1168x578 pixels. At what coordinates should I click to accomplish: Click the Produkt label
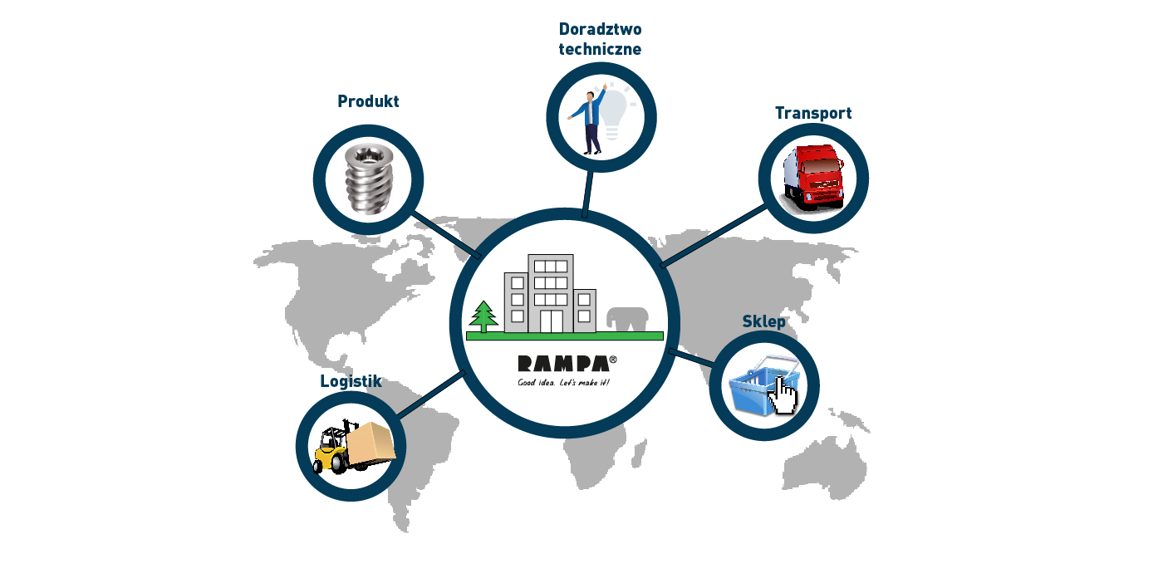[368, 101]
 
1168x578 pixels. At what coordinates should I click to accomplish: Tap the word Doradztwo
[600, 29]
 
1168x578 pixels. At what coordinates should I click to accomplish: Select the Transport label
[813, 113]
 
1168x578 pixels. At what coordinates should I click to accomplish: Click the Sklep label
[764, 321]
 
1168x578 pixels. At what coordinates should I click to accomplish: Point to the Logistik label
[351, 381]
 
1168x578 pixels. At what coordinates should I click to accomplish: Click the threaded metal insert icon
[369, 179]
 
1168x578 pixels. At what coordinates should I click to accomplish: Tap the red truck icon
[814, 178]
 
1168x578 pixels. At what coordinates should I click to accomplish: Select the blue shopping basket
[763, 386]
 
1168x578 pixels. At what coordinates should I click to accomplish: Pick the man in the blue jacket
[588, 121]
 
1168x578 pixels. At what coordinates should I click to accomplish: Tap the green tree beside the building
[483, 316]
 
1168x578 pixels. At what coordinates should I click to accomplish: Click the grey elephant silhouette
[627, 319]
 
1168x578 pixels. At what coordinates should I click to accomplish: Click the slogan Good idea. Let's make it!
[563, 383]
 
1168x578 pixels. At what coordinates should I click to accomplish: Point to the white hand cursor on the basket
[783, 395]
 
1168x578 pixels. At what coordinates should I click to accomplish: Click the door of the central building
[551, 321]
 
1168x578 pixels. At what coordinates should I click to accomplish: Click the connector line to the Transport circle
[714, 236]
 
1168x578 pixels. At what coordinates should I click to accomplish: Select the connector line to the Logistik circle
[430, 394]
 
